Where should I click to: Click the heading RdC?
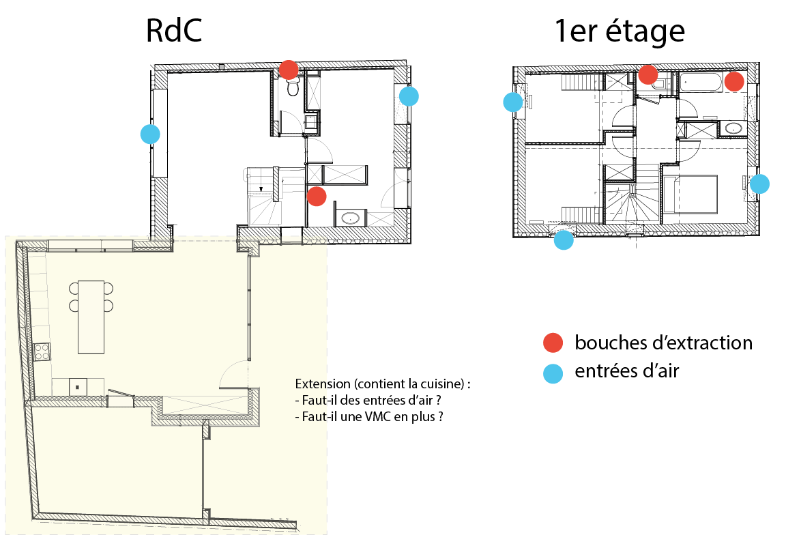[174, 31]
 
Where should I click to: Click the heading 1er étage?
[620, 31]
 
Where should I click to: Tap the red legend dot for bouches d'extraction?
[553, 343]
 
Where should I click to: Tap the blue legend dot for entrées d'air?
[553, 373]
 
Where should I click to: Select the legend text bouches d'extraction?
[663, 343]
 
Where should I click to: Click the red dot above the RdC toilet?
[289, 69]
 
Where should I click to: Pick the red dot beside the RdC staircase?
[317, 197]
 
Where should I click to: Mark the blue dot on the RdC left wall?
[150, 134]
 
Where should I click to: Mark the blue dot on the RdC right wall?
[409, 96]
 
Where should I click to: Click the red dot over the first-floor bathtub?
[734, 82]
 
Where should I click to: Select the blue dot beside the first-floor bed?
[759, 184]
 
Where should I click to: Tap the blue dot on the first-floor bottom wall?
[564, 240]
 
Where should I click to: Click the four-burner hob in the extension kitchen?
[42, 352]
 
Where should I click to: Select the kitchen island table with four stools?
[91, 316]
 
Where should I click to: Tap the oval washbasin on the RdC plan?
[350, 218]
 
